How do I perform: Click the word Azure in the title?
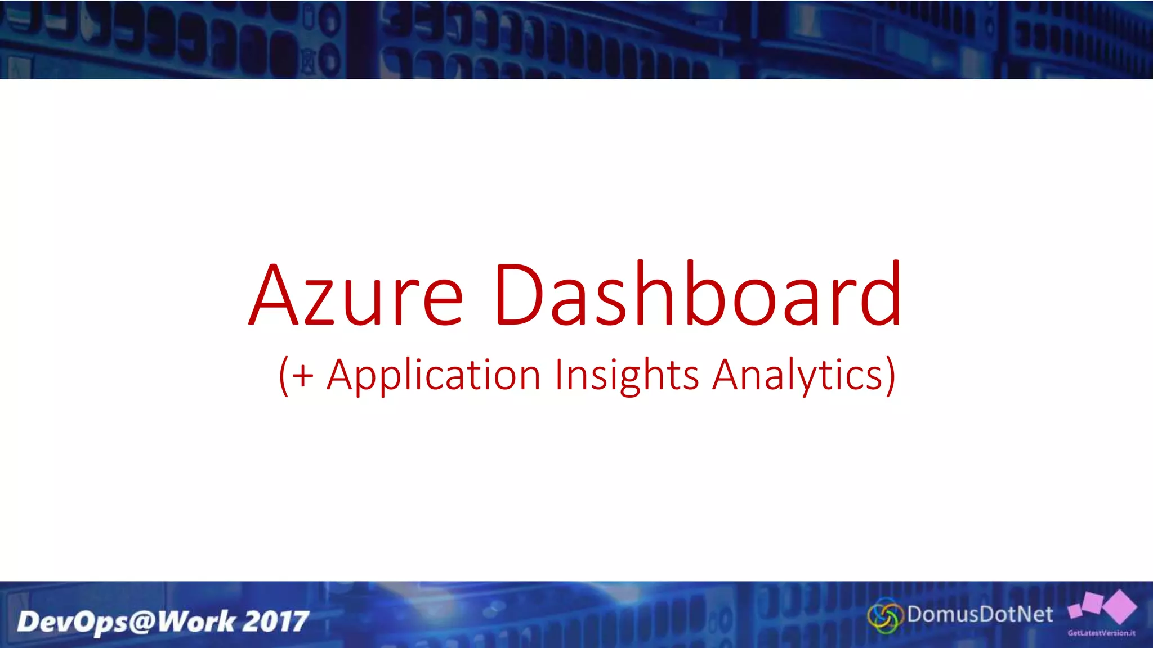pyautogui.click(x=356, y=295)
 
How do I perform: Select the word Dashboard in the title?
pyautogui.click(x=698, y=295)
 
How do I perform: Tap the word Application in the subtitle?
pyautogui.click(x=434, y=376)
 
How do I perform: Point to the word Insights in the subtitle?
pyautogui.click(x=627, y=376)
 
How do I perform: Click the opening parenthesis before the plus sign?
pyautogui.click(x=284, y=376)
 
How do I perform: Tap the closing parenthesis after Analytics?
pyautogui.click(x=890, y=376)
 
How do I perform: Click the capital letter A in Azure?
pyautogui.click(x=274, y=295)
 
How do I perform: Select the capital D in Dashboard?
pyautogui.click(x=519, y=295)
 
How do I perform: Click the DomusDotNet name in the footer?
pyautogui.click(x=980, y=614)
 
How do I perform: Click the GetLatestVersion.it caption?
pyautogui.click(x=1101, y=633)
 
